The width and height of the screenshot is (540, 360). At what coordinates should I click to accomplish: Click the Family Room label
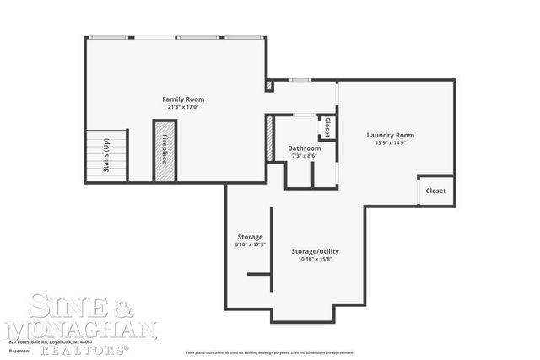coord(183,99)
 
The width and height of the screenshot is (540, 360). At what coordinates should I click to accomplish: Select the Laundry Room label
coord(390,135)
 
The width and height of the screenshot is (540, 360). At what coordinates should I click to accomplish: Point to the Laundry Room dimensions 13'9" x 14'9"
coord(390,142)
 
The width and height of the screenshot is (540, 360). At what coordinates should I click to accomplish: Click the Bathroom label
coord(305,148)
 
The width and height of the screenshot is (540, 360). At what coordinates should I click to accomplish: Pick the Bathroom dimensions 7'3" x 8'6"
coord(305,155)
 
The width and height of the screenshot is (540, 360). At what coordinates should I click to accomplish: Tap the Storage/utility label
coord(315,251)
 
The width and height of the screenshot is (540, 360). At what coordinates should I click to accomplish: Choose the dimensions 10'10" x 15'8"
coord(315,259)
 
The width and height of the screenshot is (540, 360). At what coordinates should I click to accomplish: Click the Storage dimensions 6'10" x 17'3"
coord(250,244)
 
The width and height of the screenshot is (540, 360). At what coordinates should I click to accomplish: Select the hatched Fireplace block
coord(164,151)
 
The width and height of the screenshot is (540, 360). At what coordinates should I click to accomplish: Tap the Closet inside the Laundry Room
coord(435,191)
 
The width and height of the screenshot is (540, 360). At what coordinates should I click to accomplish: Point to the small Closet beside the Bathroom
coord(327,126)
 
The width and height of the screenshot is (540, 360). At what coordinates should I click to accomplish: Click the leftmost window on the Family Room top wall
coord(111,36)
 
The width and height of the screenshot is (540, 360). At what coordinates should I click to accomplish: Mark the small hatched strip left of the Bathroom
coord(270,136)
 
